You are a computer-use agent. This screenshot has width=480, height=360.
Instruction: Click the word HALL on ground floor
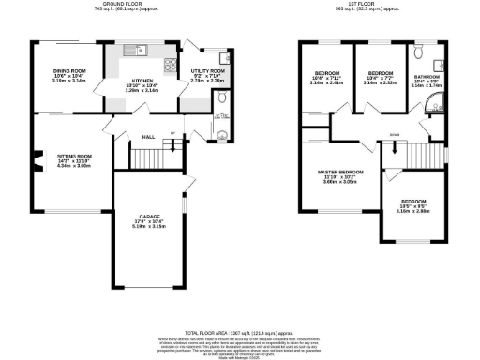[148, 137]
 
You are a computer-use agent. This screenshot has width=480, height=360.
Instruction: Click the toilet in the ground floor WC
[221, 134]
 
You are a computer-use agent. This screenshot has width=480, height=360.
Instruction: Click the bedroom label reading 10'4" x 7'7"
[379, 78]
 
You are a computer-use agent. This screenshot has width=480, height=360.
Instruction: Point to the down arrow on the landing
[395, 145]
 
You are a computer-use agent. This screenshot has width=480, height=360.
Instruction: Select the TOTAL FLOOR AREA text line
[240, 333]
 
